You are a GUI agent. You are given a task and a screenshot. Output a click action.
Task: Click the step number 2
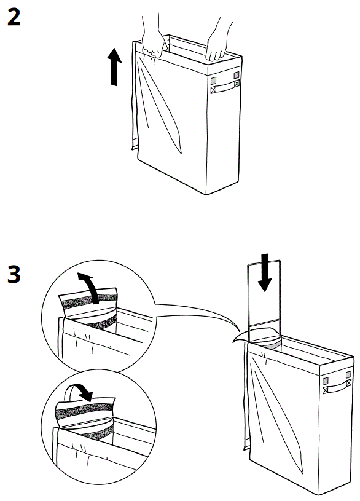14,18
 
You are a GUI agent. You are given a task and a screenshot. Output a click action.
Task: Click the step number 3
14,275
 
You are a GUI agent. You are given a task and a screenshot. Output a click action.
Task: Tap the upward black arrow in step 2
115,67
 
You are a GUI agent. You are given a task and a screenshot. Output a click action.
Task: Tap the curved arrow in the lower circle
81,392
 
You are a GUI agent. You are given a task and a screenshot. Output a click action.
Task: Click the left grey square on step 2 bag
214,80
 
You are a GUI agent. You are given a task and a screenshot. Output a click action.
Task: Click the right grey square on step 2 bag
236,76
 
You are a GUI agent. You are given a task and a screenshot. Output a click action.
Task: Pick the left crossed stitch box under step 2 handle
214,90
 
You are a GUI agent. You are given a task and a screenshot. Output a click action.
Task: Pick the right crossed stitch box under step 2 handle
236,85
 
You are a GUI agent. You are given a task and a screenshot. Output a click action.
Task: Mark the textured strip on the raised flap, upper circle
81,302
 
